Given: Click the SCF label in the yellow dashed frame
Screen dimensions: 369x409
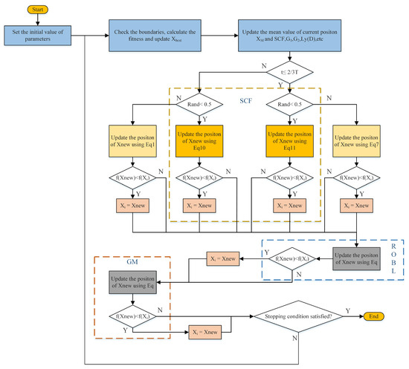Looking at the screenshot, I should [245, 99].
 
